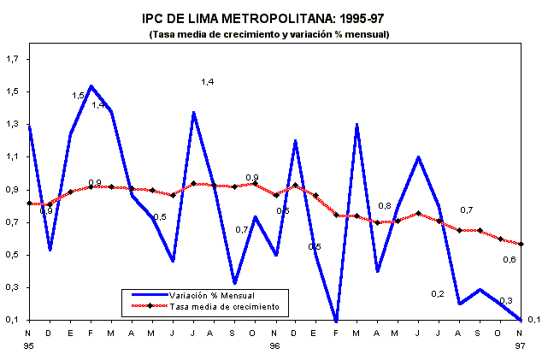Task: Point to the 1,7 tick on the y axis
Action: click(x=13, y=59)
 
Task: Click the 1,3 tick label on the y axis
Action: click(x=13, y=125)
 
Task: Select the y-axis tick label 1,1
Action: click(x=13, y=157)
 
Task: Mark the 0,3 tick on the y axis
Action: click(x=13, y=288)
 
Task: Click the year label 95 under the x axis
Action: click(x=29, y=346)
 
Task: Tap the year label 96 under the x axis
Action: click(x=275, y=346)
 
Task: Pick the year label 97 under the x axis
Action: click(x=520, y=346)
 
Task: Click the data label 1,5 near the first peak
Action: click(x=79, y=96)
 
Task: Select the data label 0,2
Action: click(x=437, y=294)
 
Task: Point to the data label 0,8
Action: click(x=386, y=206)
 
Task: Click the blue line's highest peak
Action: click(x=91, y=86)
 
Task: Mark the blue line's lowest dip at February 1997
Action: click(x=336, y=321)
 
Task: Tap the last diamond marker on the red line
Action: click(x=520, y=244)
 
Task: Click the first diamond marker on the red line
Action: click(x=29, y=203)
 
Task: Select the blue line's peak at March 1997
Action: click(x=356, y=125)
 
